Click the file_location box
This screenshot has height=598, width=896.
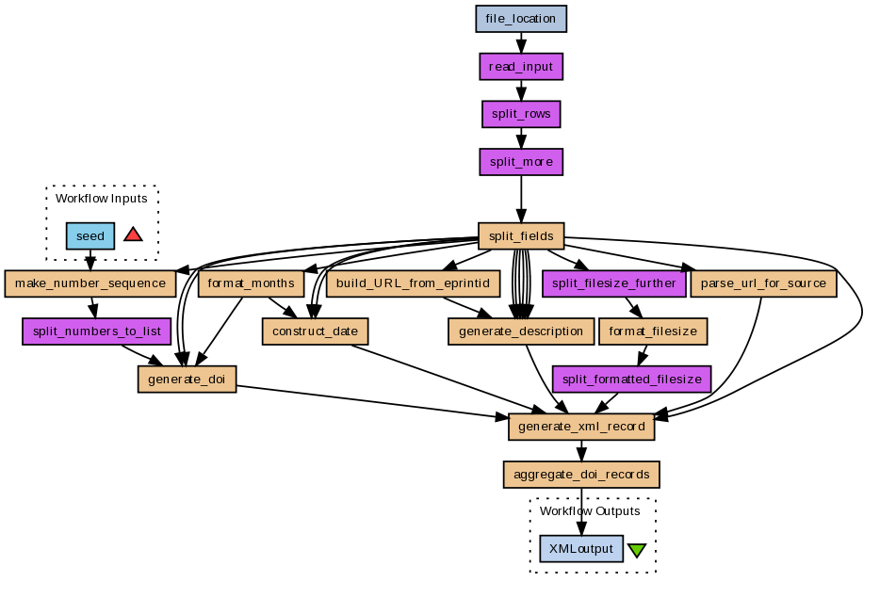521,19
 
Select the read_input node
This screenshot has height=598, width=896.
521,67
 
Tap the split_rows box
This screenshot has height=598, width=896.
521,114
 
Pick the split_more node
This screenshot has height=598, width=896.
521,162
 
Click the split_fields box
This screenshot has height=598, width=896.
521,235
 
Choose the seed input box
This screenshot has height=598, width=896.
90,235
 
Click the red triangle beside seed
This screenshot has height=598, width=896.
133,234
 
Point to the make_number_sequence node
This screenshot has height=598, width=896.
90,283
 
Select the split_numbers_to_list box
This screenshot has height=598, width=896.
96,331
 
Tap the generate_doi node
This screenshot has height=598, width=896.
187,379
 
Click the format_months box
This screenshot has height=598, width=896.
251,283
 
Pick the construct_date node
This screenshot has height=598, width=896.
315,331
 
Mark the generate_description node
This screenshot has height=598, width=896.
521,331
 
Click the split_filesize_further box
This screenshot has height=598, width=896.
614,283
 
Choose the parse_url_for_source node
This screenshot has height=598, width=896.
763,283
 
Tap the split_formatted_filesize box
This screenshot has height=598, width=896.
632,379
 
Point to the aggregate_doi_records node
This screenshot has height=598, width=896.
581,473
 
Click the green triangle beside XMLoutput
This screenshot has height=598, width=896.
637,550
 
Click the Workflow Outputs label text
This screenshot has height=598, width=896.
590,511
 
